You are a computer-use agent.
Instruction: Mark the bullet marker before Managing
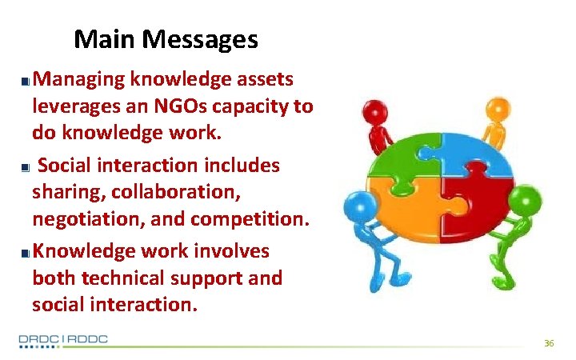(26, 81)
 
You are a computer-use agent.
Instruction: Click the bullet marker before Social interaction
(26, 166)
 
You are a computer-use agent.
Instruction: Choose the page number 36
(549, 343)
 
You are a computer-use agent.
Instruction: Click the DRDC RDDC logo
(63, 340)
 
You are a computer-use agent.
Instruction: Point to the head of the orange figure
(498, 106)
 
